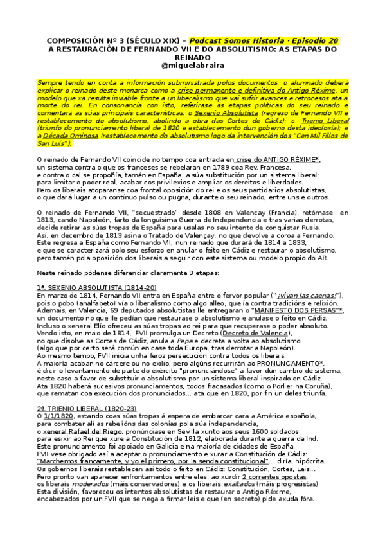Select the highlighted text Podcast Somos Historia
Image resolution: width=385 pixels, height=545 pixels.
coord(259,40)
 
